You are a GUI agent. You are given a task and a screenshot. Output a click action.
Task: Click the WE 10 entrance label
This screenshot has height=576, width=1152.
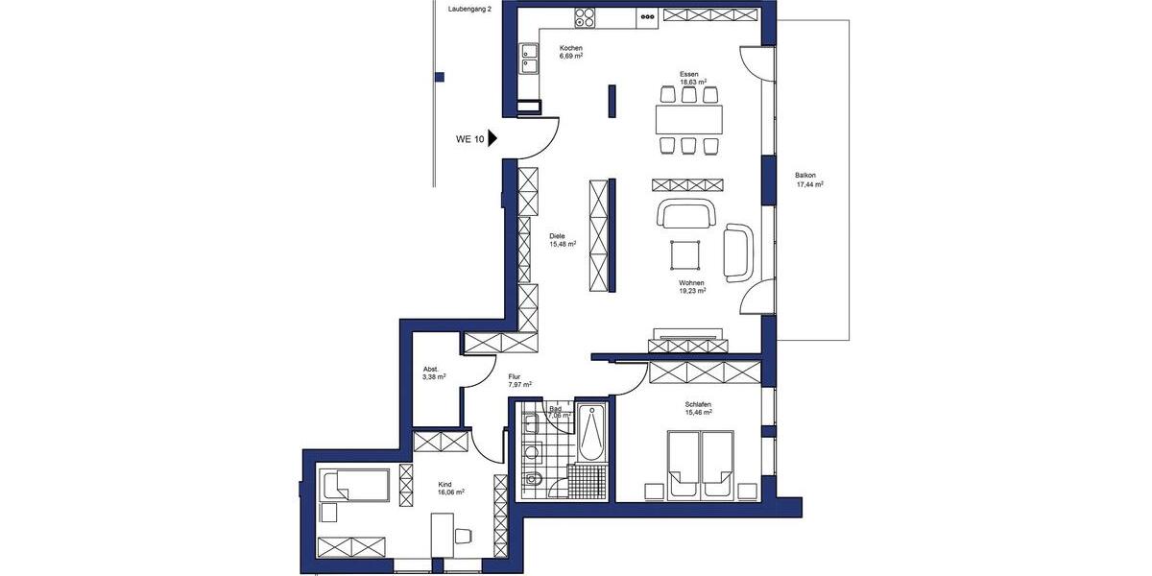(469, 139)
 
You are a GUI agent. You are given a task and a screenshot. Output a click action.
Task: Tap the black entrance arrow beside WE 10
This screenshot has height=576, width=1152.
(492, 138)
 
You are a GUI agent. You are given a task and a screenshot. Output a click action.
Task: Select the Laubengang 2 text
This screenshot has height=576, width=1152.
(469, 9)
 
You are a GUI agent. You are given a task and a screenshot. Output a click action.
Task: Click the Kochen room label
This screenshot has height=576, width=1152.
(571, 48)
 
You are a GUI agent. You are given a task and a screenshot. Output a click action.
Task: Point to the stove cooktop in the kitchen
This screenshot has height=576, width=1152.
(586, 16)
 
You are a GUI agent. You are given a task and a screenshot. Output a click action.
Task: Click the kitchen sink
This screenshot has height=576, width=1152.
(529, 60)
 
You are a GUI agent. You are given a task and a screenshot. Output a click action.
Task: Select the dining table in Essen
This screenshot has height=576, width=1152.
(688, 119)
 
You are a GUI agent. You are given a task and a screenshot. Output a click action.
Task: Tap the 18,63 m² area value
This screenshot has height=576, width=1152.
(693, 83)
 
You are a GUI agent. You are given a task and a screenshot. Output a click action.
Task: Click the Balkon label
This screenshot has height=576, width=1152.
(805, 175)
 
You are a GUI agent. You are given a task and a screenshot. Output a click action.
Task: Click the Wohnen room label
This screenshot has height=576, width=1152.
(691, 283)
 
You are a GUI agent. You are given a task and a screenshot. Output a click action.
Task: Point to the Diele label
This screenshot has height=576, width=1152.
(557, 235)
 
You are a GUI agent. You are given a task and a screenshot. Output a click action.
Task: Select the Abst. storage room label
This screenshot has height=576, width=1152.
(431, 369)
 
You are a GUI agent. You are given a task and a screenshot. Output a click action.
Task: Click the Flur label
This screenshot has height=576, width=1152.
(515, 376)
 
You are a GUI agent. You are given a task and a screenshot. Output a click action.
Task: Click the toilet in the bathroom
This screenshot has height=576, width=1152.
(533, 480)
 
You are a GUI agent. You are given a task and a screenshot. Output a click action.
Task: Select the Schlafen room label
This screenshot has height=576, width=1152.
(698, 405)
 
